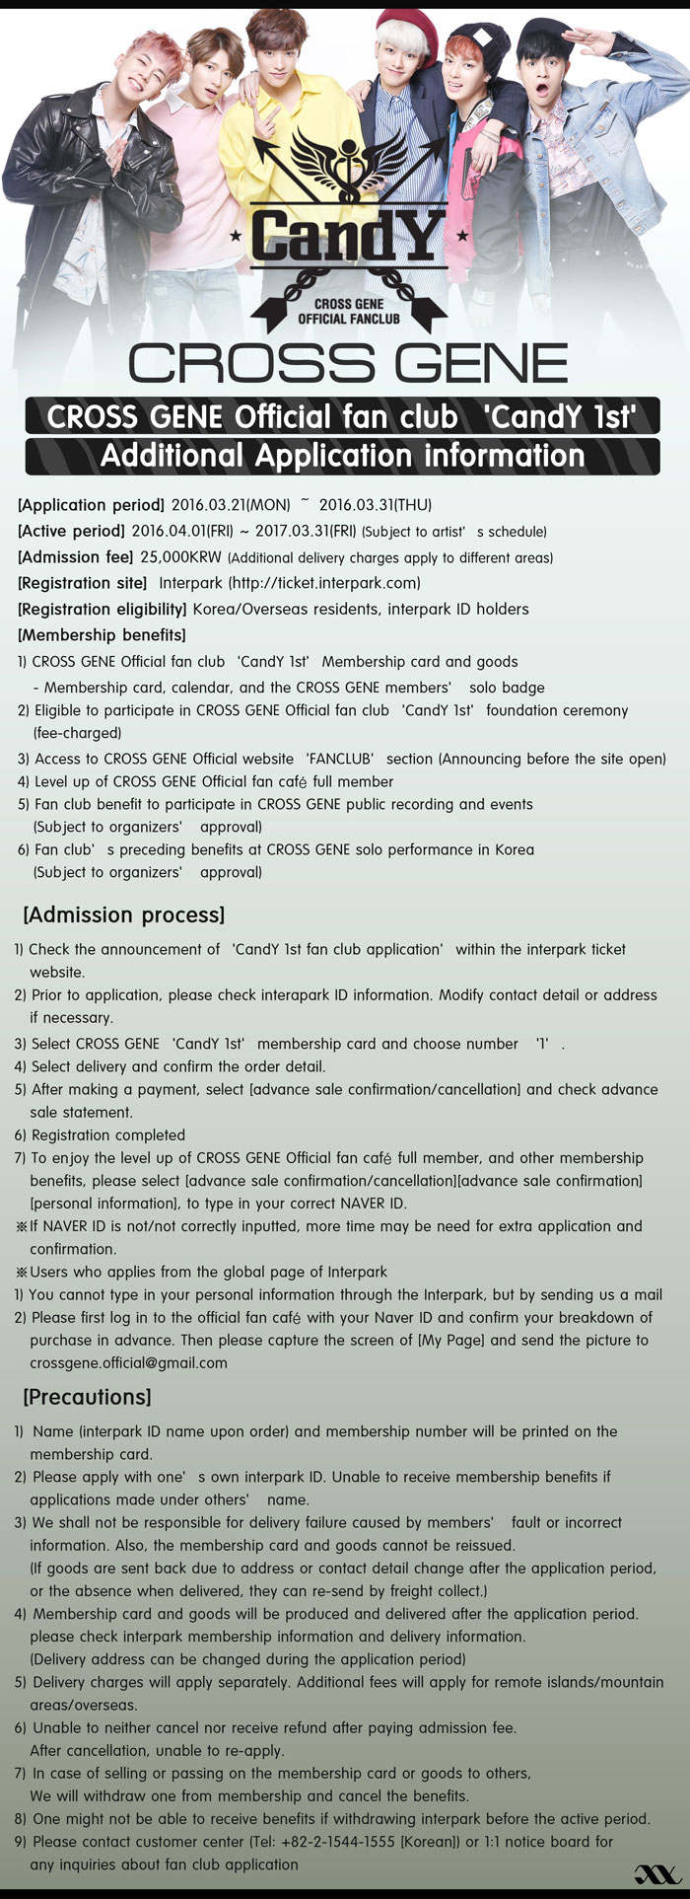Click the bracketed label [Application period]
91,506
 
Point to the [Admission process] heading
124,914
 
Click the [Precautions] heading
87,1397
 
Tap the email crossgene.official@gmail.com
128,1362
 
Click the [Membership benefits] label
102,634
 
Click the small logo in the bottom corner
656,1873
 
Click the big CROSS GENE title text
348,363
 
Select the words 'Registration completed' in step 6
108,1134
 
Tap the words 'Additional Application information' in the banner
342,456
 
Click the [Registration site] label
83,583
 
